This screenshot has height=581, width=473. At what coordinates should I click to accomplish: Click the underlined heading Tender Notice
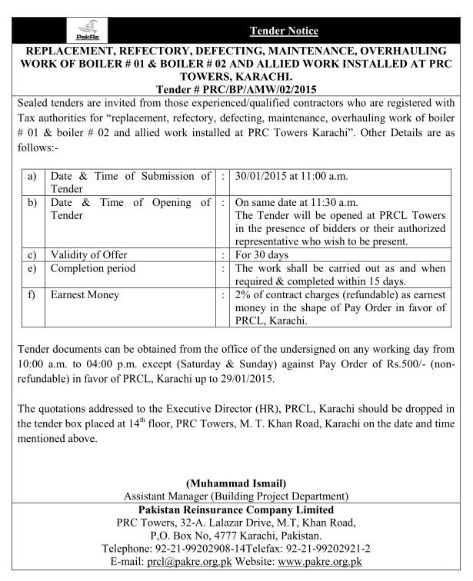[x=284, y=31]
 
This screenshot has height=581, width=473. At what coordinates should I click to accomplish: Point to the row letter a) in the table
[x=32, y=176]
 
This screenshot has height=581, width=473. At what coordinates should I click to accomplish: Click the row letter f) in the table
[x=32, y=295]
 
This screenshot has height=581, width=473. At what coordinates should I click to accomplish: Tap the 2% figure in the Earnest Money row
[x=241, y=295]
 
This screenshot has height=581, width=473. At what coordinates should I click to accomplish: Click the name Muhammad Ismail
[x=235, y=483]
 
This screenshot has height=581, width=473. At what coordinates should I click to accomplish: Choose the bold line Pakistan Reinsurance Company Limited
[x=235, y=510]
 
